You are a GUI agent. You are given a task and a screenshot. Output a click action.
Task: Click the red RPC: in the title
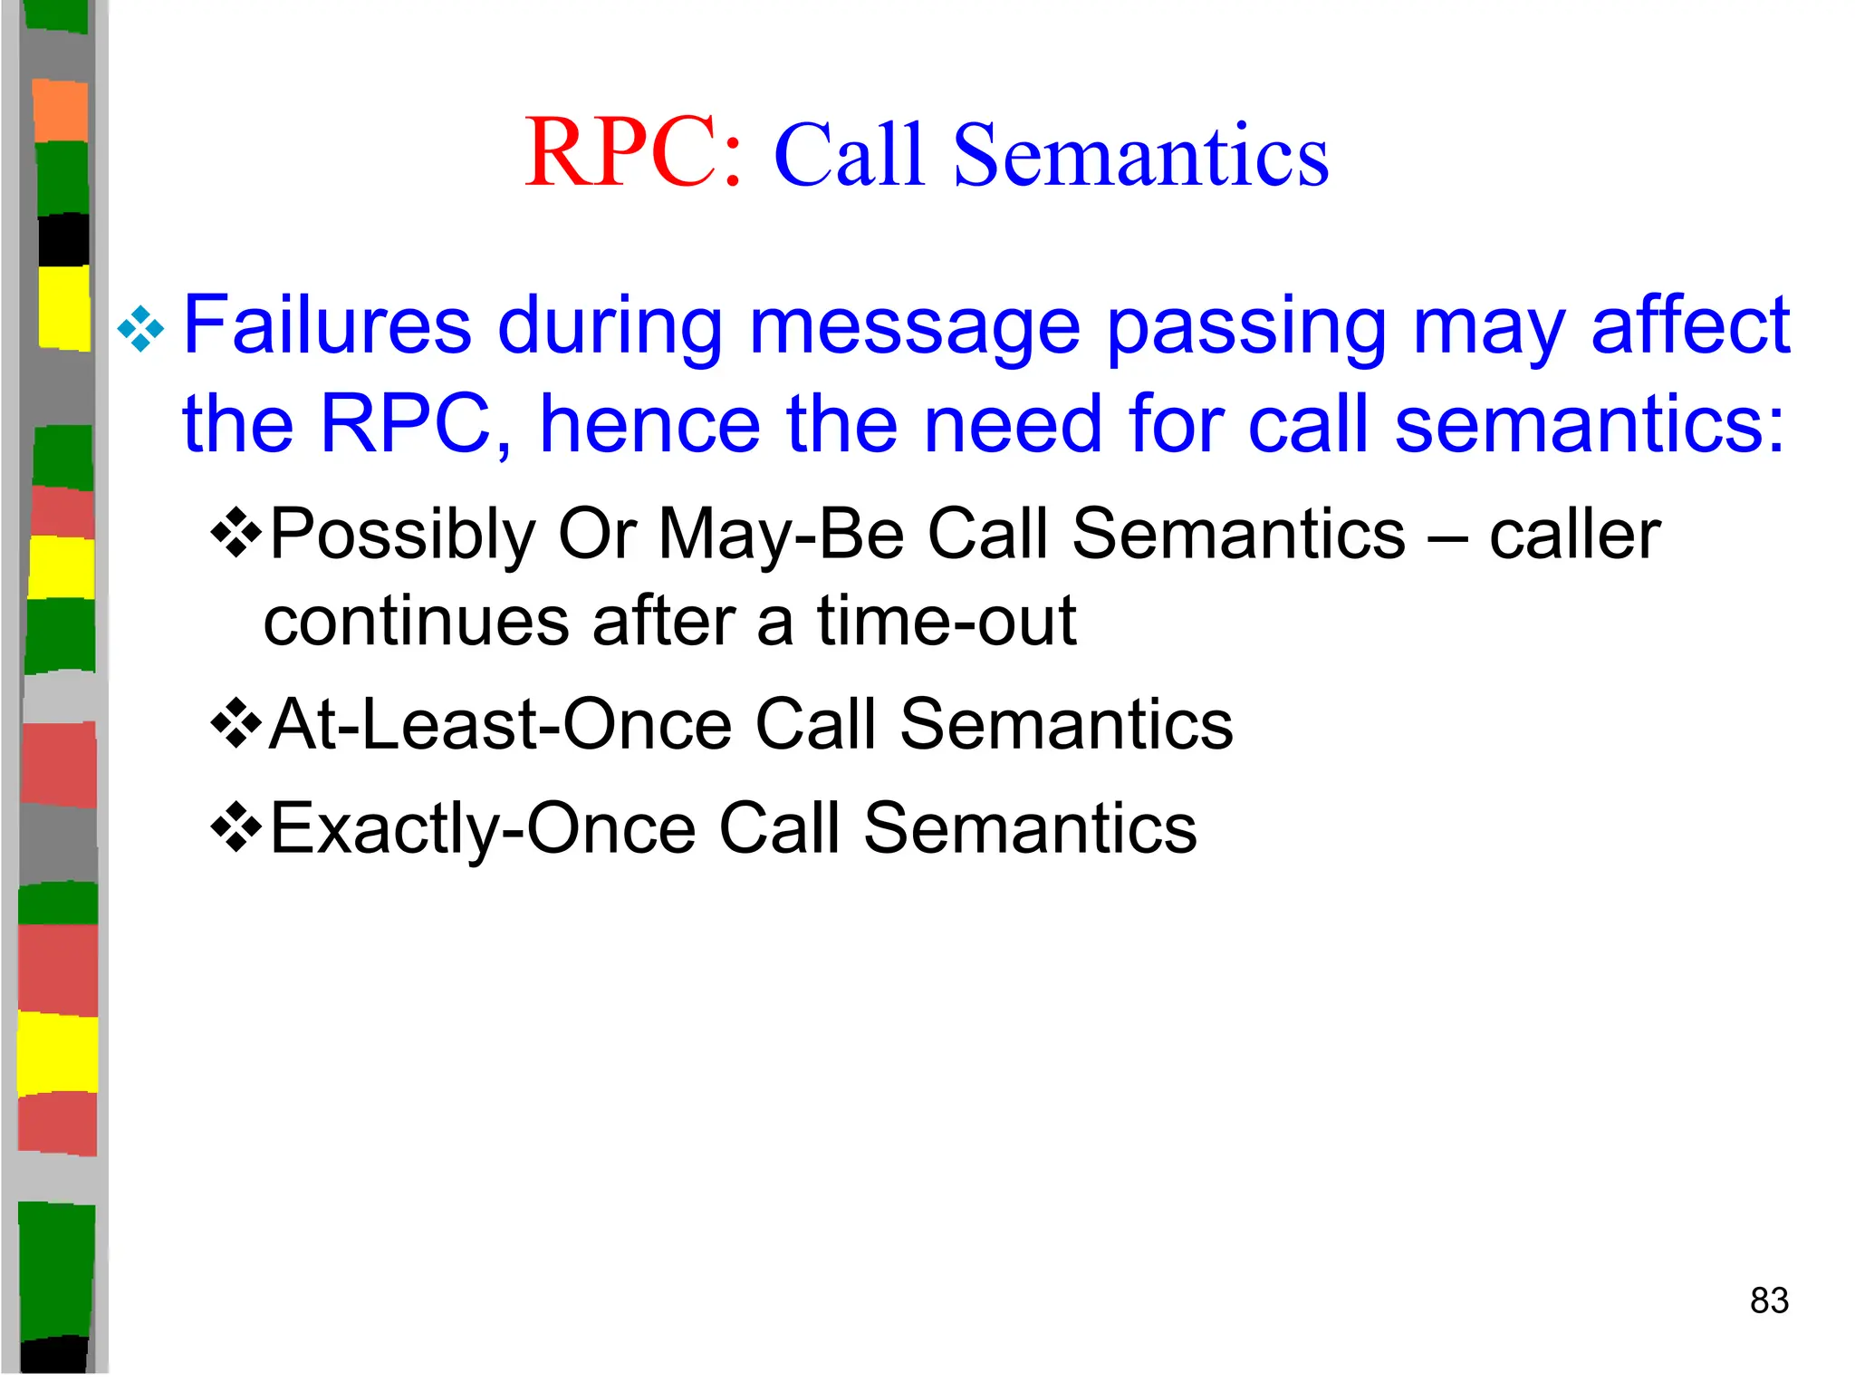[x=633, y=154]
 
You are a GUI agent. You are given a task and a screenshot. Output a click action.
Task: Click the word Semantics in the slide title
[x=1140, y=156]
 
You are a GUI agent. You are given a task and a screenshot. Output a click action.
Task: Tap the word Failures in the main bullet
[x=327, y=325]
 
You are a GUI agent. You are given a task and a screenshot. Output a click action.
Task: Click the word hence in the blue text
[x=649, y=424]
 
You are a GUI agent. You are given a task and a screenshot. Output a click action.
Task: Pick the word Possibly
[x=403, y=535]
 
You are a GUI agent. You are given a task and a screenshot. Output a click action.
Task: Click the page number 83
[x=1769, y=1300]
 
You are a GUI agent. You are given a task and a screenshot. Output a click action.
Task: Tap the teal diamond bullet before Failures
[x=141, y=328]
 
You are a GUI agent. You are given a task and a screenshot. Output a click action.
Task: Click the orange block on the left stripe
[x=61, y=111]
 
